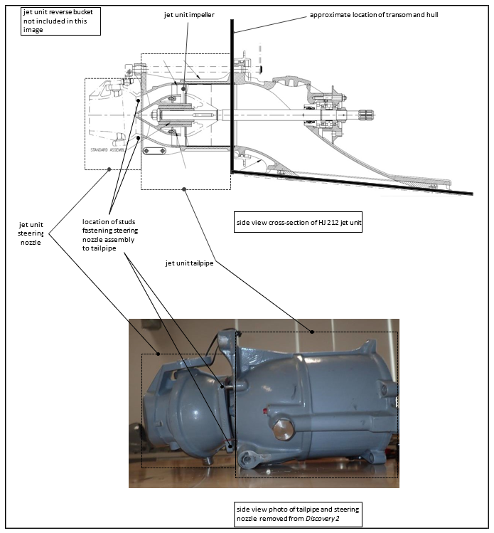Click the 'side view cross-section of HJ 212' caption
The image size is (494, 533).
click(x=299, y=223)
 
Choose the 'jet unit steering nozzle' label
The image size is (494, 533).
click(x=31, y=233)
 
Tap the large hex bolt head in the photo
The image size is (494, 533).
click(x=284, y=430)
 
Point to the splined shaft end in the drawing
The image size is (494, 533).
click(x=365, y=114)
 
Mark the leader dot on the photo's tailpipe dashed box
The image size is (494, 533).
click(x=312, y=332)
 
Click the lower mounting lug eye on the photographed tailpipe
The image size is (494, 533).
click(x=247, y=460)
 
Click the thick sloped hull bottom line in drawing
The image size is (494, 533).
click(x=355, y=182)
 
